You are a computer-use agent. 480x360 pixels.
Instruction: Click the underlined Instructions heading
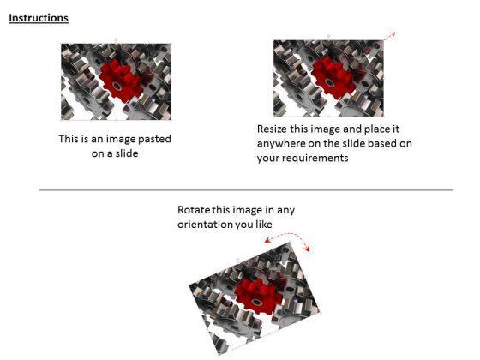[39, 18]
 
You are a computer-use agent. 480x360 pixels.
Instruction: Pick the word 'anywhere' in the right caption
[281, 143]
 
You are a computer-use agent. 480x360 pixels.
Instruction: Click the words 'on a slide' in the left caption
[115, 153]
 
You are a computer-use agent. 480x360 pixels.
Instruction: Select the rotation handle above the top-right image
[327, 37]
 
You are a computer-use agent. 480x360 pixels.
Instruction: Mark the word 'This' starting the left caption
[69, 138]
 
